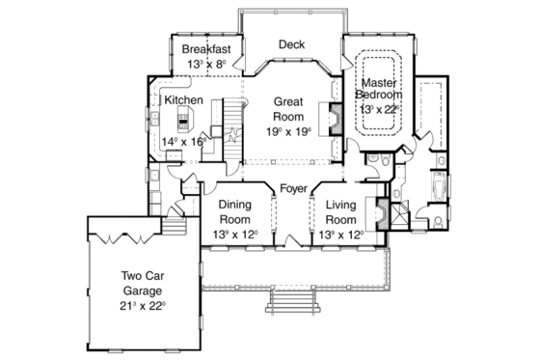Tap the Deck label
291,44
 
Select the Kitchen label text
183,99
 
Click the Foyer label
293,188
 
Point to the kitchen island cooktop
183,121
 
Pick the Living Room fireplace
383,213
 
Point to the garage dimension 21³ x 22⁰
143,305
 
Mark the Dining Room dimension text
235,234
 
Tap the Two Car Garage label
143,281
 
